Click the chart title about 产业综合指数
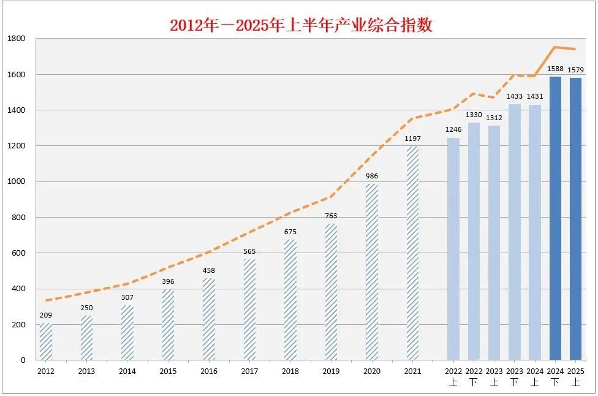coord(301,25)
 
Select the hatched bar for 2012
coord(46,341)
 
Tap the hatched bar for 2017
coord(249,310)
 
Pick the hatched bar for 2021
coord(412,253)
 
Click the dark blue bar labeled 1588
coord(555,218)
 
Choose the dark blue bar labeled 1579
coord(575,219)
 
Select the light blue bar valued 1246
coord(453,249)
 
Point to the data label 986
coord(372,176)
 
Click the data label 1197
coord(412,139)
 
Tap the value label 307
coord(127,297)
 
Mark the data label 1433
coord(515,96)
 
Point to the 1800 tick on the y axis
coord(17,39)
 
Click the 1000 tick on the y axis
coord(17,181)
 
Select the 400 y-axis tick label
coord(18,289)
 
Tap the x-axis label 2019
coord(331,371)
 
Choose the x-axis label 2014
coord(127,371)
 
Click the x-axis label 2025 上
coord(575,376)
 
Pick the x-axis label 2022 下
coord(474,376)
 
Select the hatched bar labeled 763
coord(331,292)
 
